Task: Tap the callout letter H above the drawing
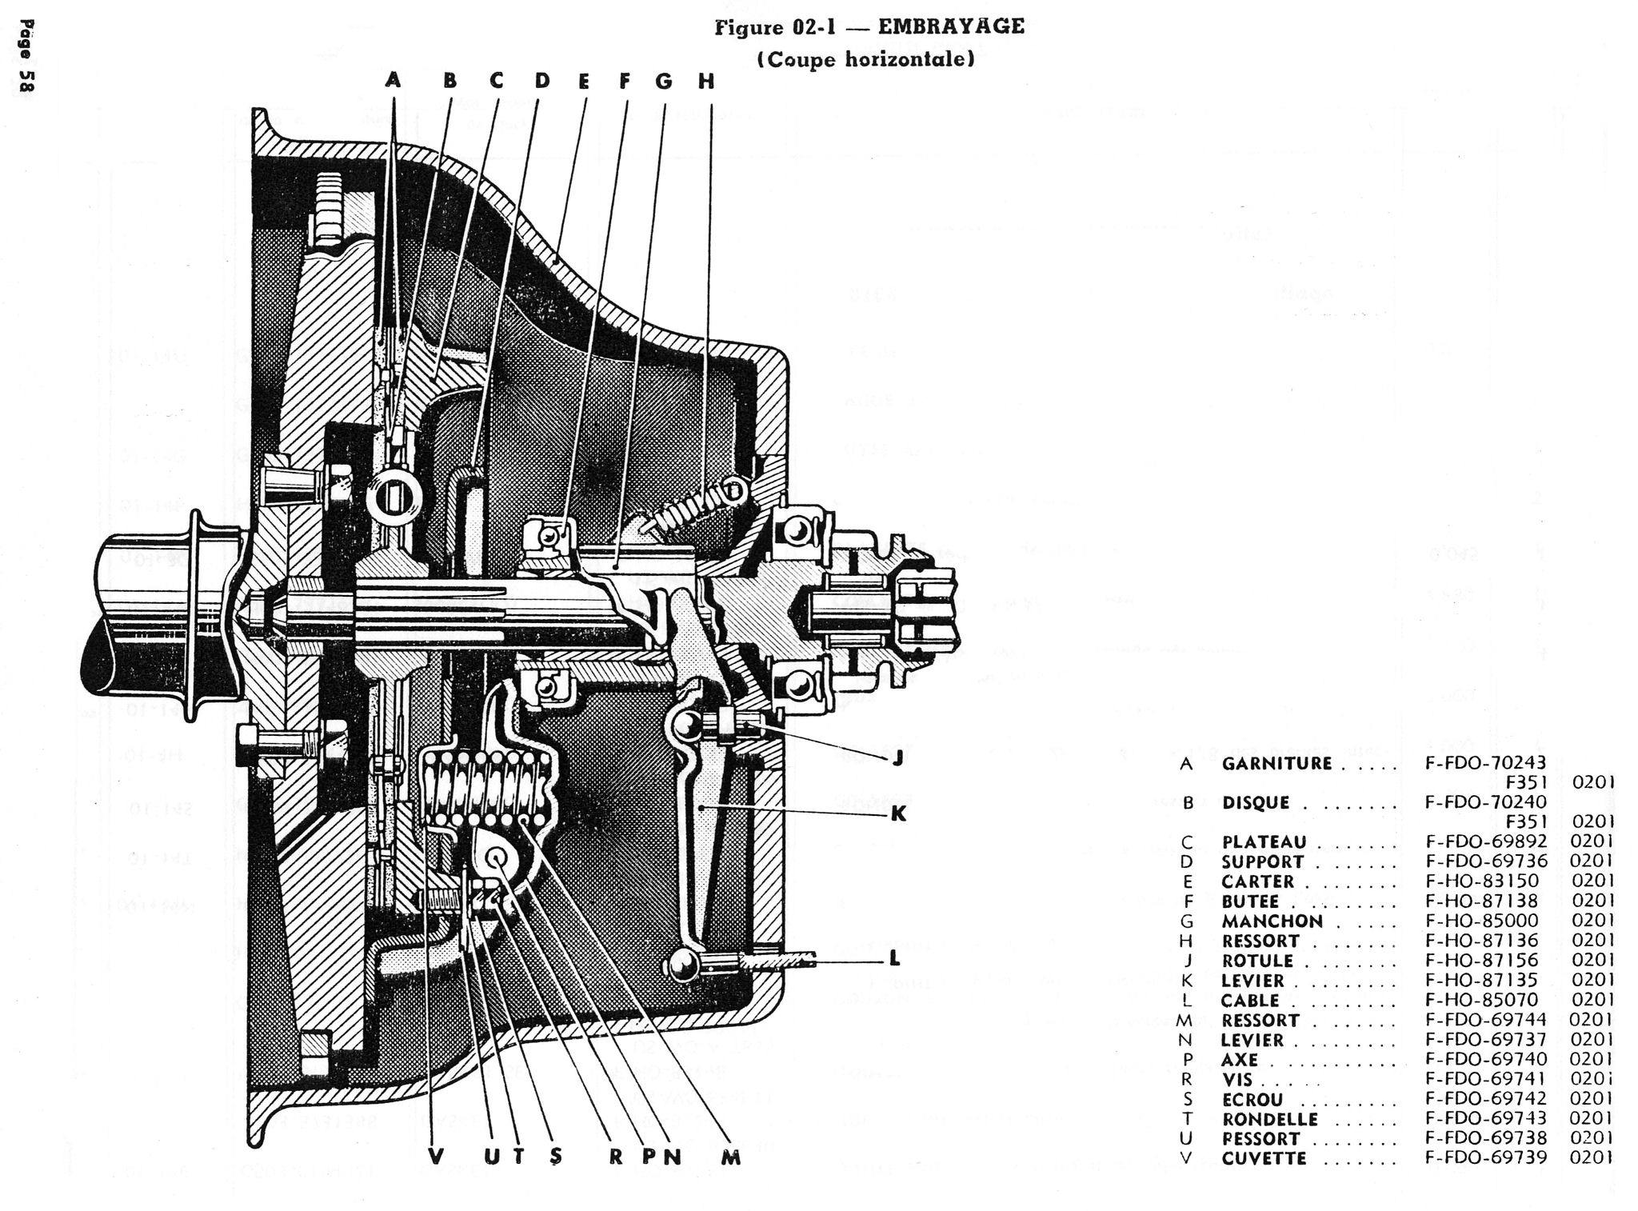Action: coord(705,81)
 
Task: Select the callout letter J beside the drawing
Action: coord(897,758)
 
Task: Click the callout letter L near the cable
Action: coord(895,957)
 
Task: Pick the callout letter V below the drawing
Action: coord(435,1156)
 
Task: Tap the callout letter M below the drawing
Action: coord(730,1157)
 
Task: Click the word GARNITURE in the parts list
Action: coord(1276,763)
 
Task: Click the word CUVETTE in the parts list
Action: coord(1265,1158)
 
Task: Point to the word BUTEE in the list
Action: coord(1250,901)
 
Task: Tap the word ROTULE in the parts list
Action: coord(1257,961)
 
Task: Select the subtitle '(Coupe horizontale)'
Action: coord(865,59)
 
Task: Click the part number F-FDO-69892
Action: coord(1486,841)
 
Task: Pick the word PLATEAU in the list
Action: coord(1264,842)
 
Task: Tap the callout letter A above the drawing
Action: coord(392,80)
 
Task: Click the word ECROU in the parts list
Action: coord(1252,1099)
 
